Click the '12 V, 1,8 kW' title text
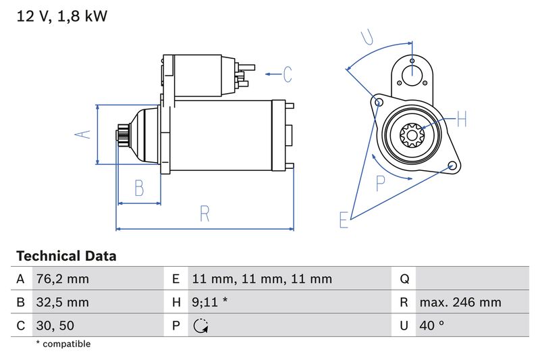tap(61, 16)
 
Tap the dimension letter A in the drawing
tap(82, 134)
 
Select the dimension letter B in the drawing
tap(139, 188)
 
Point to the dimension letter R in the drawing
tap(205, 214)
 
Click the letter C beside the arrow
tap(287, 74)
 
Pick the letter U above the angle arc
tap(367, 36)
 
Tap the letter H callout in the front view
tap(462, 120)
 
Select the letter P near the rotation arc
tap(381, 183)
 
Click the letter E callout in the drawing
tap(344, 220)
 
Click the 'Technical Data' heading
tap(66, 256)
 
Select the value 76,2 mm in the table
tap(62, 279)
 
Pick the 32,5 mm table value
tap(62, 303)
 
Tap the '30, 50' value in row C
tap(55, 326)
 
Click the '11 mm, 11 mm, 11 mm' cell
tap(262, 279)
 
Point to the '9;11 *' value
tap(209, 303)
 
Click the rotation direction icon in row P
tap(200, 326)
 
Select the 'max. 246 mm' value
tap(460, 303)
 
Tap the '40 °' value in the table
tap(431, 326)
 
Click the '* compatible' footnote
tap(63, 344)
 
